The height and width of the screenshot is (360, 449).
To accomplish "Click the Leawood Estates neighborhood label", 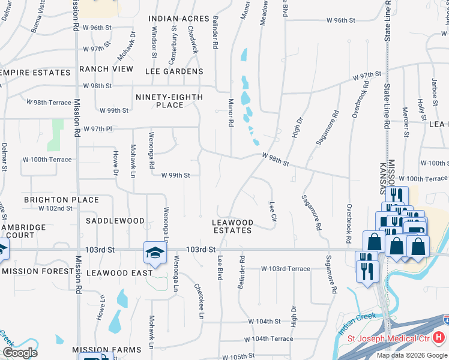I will pyautogui.click(x=233, y=226).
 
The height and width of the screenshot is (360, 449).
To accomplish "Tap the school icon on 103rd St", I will pyautogui.click(x=154, y=253).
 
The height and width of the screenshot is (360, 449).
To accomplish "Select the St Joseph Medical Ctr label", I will pyautogui.click(x=390, y=339).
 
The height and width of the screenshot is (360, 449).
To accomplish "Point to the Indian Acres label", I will pyautogui.click(x=178, y=19).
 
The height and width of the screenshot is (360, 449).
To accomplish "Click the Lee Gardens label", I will pyautogui.click(x=175, y=71).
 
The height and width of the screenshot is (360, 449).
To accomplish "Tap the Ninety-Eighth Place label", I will pyautogui.click(x=169, y=101).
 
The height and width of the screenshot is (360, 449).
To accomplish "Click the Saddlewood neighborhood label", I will pyautogui.click(x=115, y=221).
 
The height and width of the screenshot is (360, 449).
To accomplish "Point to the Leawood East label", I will pyautogui.click(x=119, y=273).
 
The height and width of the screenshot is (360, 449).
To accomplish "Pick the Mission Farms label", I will pyautogui.click(x=107, y=350).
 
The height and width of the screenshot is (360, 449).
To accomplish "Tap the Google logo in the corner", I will pyautogui.click(x=20, y=353).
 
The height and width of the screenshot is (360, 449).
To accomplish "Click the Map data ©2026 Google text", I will pyautogui.click(x=412, y=355).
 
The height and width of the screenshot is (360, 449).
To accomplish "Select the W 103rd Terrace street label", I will pyautogui.click(x=285, y=269).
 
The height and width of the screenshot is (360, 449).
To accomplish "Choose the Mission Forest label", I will pyautogui.click(x=37, y=271).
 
